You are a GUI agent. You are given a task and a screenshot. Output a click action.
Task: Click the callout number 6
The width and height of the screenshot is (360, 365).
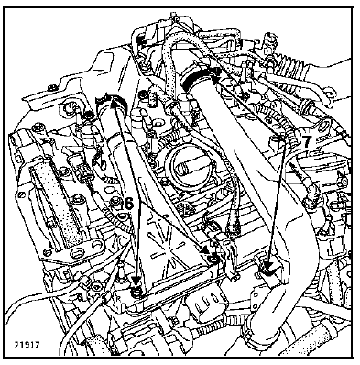(129, 204)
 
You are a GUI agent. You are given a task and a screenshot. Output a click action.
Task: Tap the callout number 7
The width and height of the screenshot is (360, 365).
(307, 141)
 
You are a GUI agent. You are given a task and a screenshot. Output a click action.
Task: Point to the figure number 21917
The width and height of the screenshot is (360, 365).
(27, 345)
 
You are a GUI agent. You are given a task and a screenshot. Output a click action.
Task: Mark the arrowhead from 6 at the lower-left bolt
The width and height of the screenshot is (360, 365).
(136, 281)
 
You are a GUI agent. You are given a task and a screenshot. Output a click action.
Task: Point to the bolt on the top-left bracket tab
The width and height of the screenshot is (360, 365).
(50, 89)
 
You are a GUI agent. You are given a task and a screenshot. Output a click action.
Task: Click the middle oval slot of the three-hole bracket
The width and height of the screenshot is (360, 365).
(74, 253)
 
